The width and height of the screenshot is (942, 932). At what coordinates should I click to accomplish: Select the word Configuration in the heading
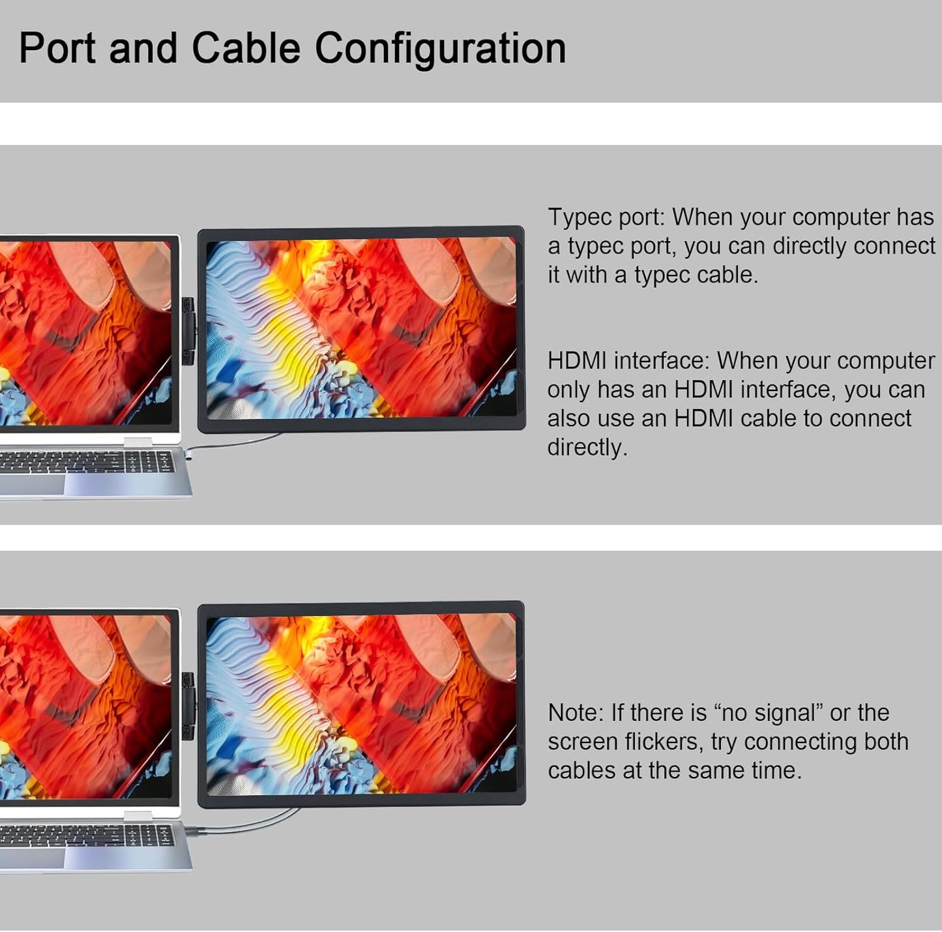tap(440, 50)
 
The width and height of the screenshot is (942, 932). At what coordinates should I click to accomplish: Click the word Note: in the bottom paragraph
tap(576, 713)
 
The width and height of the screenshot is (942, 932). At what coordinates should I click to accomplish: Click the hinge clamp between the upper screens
tap(188, 331)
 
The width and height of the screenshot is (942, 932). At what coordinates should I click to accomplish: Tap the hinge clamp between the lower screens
tap(188, 706)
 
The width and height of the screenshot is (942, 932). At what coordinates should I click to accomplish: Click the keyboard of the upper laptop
tap(87, 462)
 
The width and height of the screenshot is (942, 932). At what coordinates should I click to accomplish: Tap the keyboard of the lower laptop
tap(87, 836)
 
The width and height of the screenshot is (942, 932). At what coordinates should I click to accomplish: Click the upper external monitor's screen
tap(361, 328)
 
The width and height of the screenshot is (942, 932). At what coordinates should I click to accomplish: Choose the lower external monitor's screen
tap(361, 704)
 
